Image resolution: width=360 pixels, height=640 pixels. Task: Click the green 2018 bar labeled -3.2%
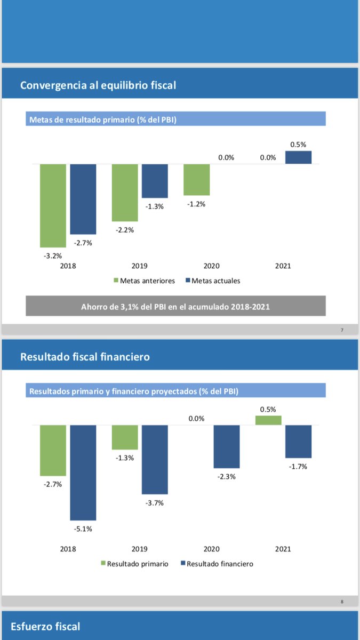click(53, 205)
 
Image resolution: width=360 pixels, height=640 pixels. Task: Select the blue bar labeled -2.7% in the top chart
click(83, 199)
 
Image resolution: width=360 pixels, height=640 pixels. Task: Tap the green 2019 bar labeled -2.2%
click(125, 193)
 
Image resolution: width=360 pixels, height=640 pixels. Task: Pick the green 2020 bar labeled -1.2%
click(197, 180)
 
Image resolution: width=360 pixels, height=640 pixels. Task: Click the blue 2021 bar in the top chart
click(298, 157)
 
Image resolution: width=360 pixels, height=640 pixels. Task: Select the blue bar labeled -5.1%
click(83, 473)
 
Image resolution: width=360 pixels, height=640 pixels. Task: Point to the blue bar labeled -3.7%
click(155, 459)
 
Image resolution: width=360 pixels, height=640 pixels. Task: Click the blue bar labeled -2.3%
click(227, 446)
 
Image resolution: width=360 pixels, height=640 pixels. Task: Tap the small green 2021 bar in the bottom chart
click(269, 420)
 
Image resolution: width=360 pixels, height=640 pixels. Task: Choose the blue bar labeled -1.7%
click(298, 442)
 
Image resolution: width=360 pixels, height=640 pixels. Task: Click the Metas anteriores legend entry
click(144, 281)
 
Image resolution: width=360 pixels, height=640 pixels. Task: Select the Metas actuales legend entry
click(212, 281)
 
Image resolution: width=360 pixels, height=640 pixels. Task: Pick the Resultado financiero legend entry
click(217, 564)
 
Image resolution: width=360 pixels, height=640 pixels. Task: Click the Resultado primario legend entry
click(134, 564)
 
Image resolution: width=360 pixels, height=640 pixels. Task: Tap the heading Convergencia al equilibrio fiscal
click(98, 85)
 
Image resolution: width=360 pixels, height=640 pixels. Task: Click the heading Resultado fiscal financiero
click(85, 357)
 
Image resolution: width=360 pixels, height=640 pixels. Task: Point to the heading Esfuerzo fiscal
click(45, 626)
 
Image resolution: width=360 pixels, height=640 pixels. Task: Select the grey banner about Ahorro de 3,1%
click(175, 307)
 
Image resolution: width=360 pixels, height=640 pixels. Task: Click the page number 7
click(342, 330)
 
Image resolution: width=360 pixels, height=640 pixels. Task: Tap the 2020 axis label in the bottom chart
click(211, 549)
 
